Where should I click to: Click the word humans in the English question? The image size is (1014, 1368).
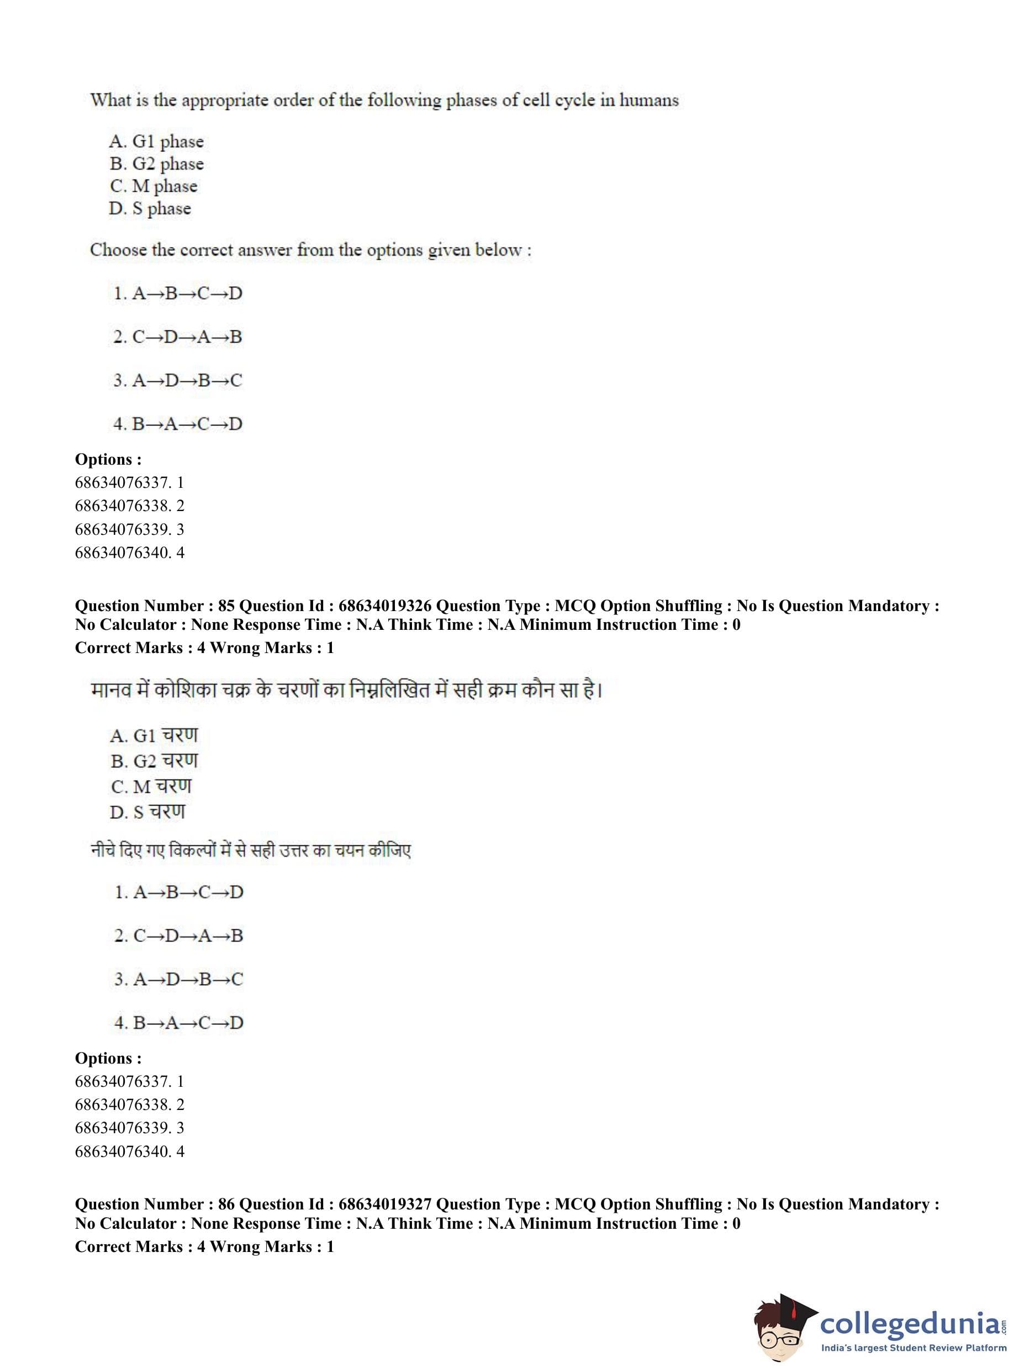[648, 100]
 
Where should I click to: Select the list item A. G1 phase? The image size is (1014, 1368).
[156, 142]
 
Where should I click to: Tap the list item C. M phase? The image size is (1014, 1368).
[154, 186]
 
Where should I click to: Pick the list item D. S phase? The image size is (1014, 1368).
[150, 209]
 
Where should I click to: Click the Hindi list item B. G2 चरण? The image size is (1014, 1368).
[154, 761]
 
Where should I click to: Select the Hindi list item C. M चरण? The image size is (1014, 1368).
[151, 787]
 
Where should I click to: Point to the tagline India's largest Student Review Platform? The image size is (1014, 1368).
[913, 1348]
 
